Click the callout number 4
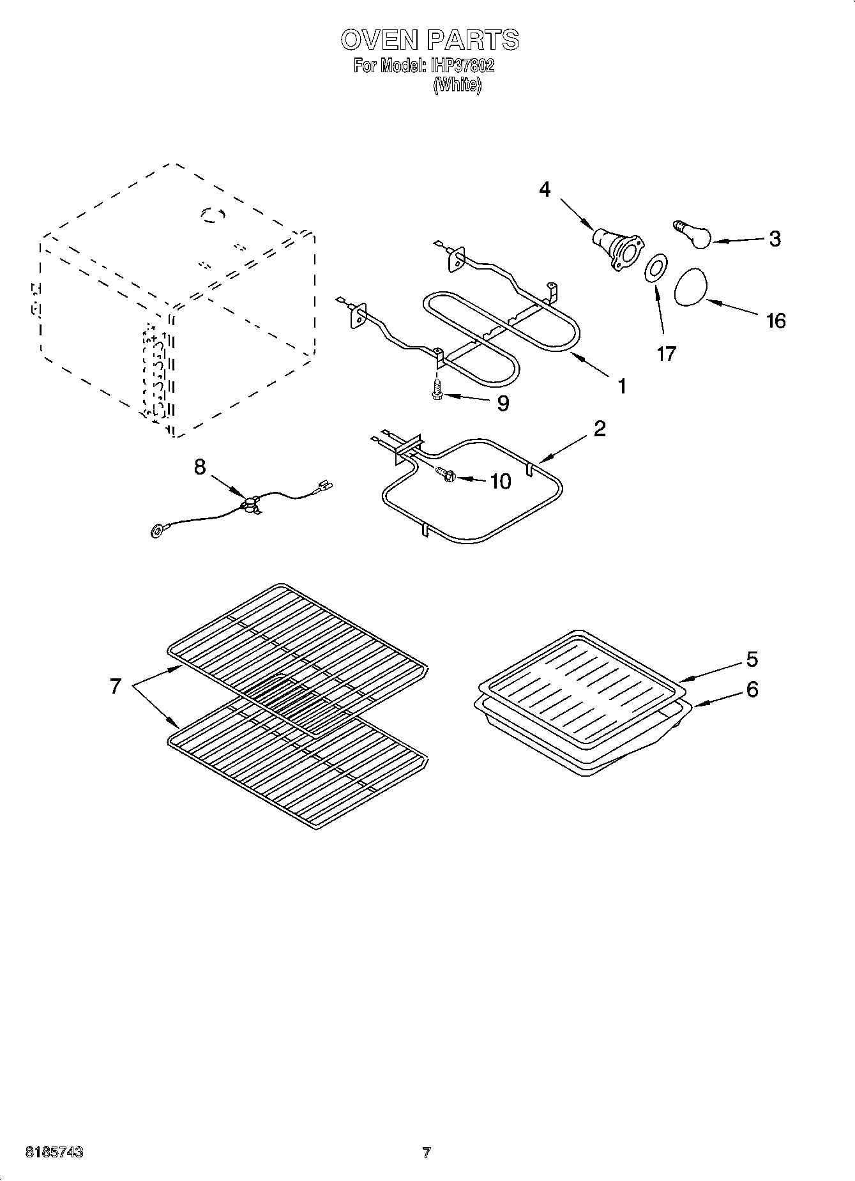(544, 190)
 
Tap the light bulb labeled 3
(692, 235)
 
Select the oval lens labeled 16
(692, 288)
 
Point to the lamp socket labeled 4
(617, 249)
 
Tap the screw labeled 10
(444, 474)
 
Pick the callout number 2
(599, 429)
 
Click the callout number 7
(115, 687)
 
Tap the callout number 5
(752, 659)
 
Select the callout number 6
(752, 689)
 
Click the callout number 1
(621, 386)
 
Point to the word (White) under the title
(457, 86)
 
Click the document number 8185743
(54, 1152)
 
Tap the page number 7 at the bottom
(427, 1153)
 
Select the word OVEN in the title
(378, 40)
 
